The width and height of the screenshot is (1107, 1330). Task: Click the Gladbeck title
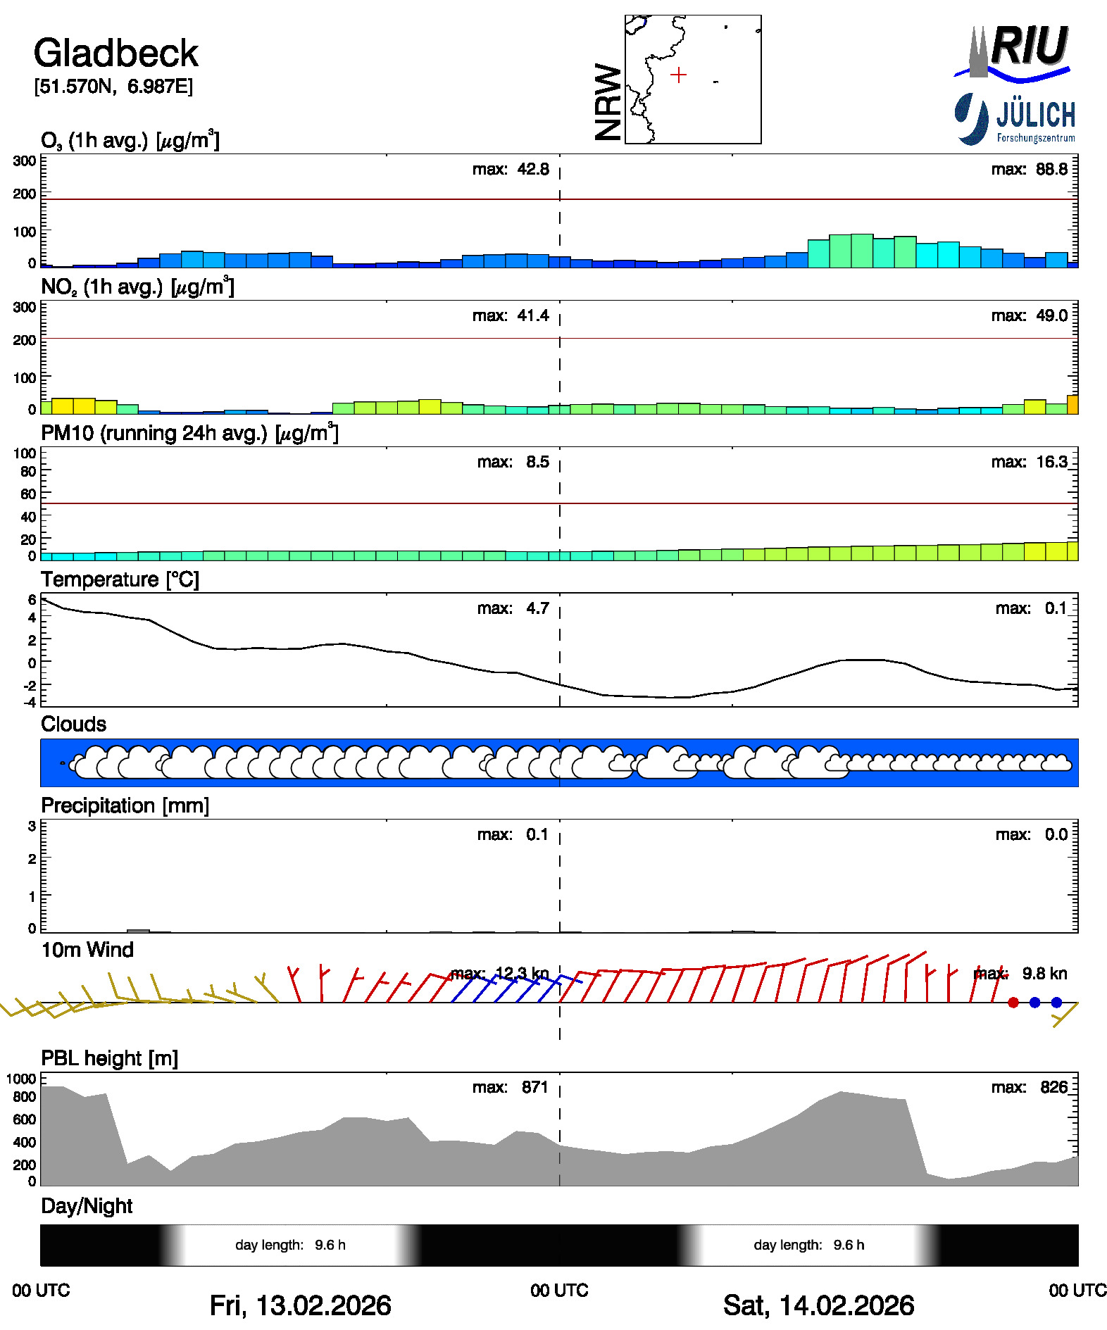click(116, 54)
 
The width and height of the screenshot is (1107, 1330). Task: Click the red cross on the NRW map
click(678, 75)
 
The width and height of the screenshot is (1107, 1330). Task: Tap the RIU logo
click(1013, 51)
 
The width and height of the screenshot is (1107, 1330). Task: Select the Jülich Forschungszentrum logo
click(1015, 119)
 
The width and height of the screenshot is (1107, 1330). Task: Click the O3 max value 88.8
click(1052, 169)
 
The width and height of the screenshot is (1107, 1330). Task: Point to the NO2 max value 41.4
click(533, 315)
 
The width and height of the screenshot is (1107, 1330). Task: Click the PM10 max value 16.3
click(1052, 462)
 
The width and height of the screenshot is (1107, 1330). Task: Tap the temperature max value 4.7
click(537, 608)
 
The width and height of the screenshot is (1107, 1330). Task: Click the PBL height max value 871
click(534, 1087)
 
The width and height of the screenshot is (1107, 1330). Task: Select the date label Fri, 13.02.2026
click(301, 1305)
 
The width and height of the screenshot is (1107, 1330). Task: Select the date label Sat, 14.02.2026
click(819, 1305)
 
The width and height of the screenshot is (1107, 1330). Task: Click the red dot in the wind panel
click(1013, 1003)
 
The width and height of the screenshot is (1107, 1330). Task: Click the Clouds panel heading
click(74, 724)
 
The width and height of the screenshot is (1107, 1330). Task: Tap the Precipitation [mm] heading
click(125, 805)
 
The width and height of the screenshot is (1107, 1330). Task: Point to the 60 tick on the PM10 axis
click(28, 494)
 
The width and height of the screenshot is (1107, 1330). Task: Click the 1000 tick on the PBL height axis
click(21, 1079)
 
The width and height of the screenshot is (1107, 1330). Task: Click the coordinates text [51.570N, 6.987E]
click(113, 87)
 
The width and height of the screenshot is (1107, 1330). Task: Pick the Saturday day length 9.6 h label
click(809, 1245)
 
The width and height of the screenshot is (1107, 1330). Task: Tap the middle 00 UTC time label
click(560, 1291)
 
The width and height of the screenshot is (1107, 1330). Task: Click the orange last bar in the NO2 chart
click(1073, 404)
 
